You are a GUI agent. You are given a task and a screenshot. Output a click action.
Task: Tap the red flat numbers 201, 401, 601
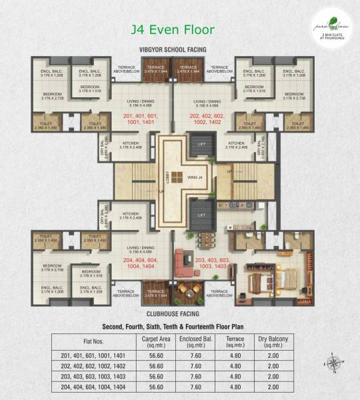143,118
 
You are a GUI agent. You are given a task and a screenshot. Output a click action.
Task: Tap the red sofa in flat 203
184,259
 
